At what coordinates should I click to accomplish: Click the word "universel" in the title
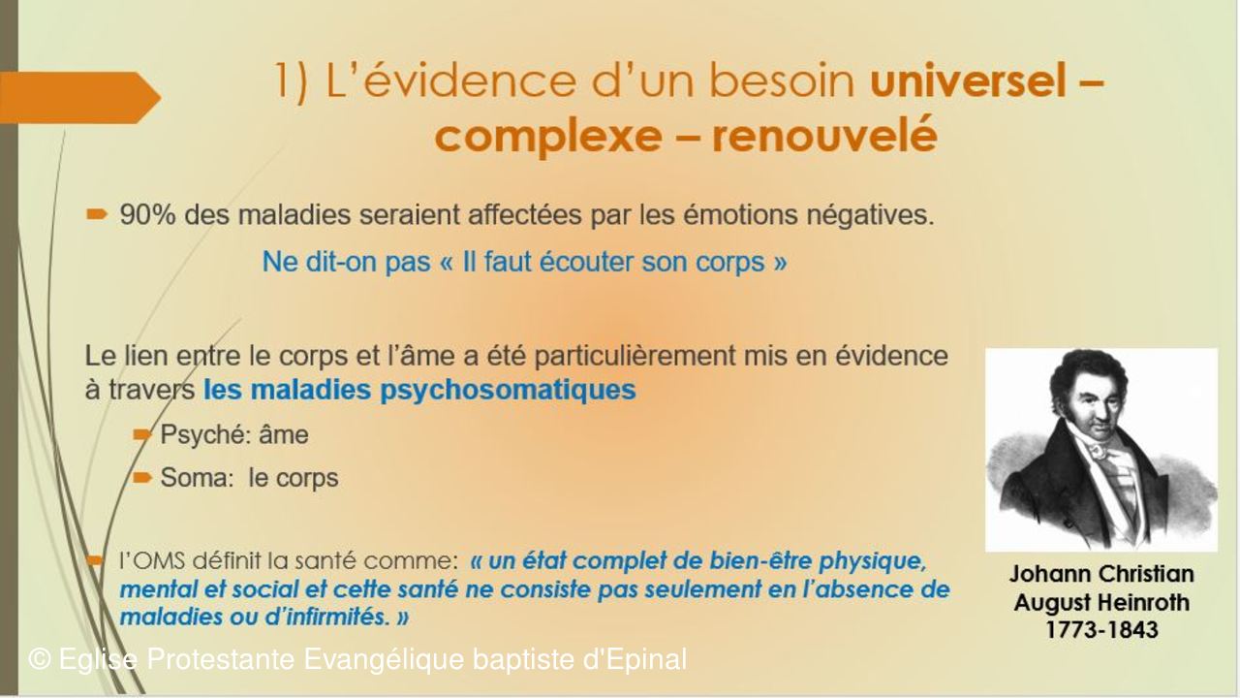click(x=968, y=80)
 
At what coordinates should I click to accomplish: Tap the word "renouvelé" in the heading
click(x=824, y=135)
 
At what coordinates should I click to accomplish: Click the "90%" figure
click(x=148, y=214)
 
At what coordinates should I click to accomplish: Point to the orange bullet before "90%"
click(x=97, y=214)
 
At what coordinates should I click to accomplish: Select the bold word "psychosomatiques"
click(x=508, y=391)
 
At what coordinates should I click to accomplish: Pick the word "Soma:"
click(x=197, y=478)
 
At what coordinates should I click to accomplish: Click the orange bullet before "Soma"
click(x=142, y=477)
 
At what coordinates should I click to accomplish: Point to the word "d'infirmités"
click(x=326, y=617)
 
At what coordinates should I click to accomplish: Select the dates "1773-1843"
click(x=1101, y=630)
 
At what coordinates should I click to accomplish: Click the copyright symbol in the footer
click(x=40, y=659)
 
